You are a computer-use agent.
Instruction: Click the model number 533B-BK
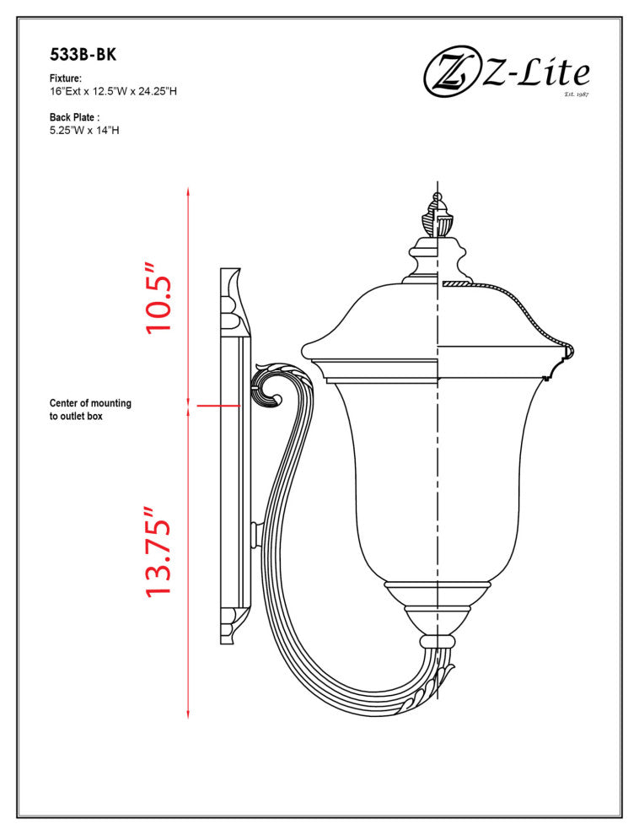[83, 56]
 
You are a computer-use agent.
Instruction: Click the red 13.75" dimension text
[159, 553]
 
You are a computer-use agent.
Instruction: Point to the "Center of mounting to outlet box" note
[90, 410]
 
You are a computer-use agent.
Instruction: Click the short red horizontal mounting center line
[218, 406]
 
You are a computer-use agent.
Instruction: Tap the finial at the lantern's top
[437, 216]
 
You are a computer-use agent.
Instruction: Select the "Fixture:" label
[66, 78]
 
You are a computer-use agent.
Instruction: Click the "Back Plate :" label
[75, 117]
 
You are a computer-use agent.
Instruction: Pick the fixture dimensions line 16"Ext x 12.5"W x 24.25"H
[113, 91]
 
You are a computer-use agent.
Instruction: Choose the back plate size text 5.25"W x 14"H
[84, 131]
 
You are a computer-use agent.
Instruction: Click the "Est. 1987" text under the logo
[576, 94]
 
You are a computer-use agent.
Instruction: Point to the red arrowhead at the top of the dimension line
[188, 193]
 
